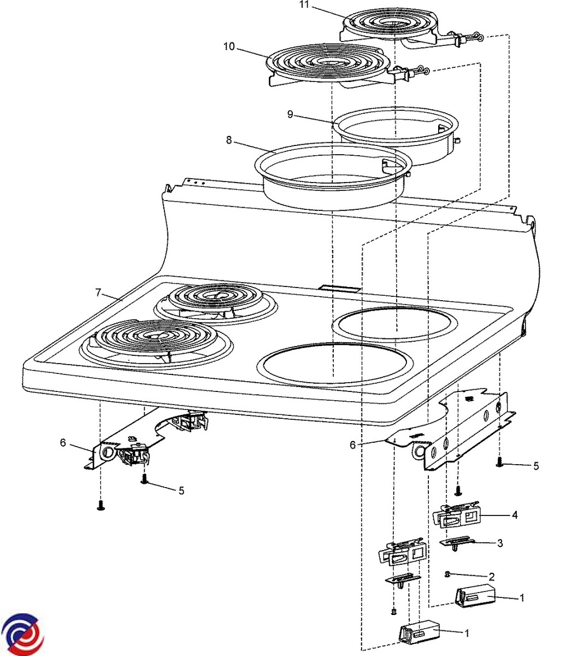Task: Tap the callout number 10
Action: (x=229, y=46)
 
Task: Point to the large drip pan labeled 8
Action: (x=333, y=175)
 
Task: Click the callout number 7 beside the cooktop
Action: (x=98, y=292)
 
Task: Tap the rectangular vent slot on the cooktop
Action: (x=340, y=288)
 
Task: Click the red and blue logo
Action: (x=21, y=635)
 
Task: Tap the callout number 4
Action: (x=514, y=515)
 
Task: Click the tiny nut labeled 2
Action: (x=448, y=573)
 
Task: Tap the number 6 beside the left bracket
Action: (x=63, y=442)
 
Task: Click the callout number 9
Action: (x=290, y=114)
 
